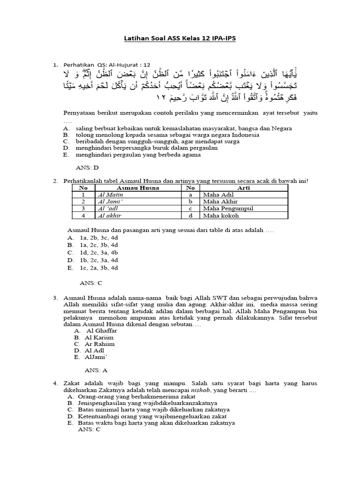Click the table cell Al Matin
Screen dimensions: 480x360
pyautogui.click(x=106, y=195)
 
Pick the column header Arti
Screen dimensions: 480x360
pyautogui.click(x=244, y=188)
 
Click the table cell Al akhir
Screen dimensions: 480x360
pyautogui.click(x=107, y=215)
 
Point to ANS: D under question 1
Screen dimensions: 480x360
pyautogui.click(x=87, y=167)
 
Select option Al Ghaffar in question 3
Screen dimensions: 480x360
pyautogui.click(x=101, y=330)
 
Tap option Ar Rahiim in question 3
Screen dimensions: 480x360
pyautogui.click(x=100, y=344)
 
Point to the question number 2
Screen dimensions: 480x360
pyautogui.click(x=55, y=180)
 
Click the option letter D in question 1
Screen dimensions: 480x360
pyautogui.click(x=67, y=148)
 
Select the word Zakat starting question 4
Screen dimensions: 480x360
pyautogui.click(x=71, y=383)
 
